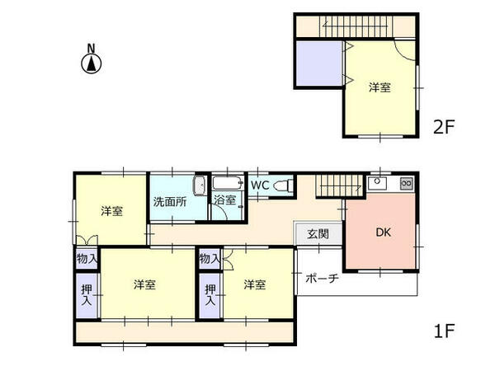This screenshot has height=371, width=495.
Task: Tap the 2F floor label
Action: [x=444, y=127]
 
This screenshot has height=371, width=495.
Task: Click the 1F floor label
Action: [x=444, y=331]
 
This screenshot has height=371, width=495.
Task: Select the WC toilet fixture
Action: [x=283, y=185]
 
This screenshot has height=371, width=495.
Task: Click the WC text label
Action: [x=260, y=185]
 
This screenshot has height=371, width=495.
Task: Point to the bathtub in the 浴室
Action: [x=228, y=183]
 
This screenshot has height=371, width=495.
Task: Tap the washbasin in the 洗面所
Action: [x=200, y=185]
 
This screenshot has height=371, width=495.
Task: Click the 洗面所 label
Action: [x=170, y=202]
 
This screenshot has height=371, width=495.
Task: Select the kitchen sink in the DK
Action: [x=377, y=183]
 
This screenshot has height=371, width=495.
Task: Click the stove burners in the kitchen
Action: [x=407, y=183]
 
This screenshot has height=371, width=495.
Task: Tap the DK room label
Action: [x=384, y=232]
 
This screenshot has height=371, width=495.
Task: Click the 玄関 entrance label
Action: [x=318, y=234]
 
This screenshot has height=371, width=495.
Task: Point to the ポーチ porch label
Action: [x=322, y=279]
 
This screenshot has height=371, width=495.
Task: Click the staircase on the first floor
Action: [x=339, y=185]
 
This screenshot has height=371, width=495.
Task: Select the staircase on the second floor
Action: [x=356, y=26]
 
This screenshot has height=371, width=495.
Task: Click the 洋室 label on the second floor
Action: [x=379, y=87]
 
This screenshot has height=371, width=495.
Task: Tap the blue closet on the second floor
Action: [x=319, y=63]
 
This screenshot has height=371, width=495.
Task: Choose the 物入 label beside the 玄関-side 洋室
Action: [x=210, y=259]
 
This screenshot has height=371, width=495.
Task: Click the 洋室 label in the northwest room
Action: [x=111, y=211]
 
